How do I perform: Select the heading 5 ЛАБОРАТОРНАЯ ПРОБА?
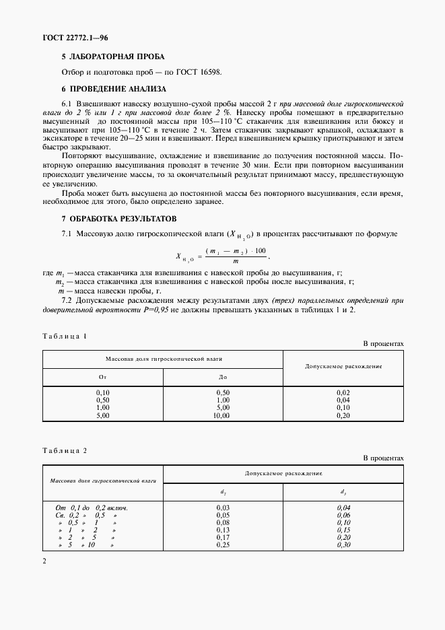112,57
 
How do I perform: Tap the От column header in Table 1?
103,377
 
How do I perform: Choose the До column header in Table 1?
223,377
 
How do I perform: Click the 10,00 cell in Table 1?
221,416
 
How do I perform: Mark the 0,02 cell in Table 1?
343,392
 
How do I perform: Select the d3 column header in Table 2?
343,491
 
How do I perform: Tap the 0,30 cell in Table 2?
343,545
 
